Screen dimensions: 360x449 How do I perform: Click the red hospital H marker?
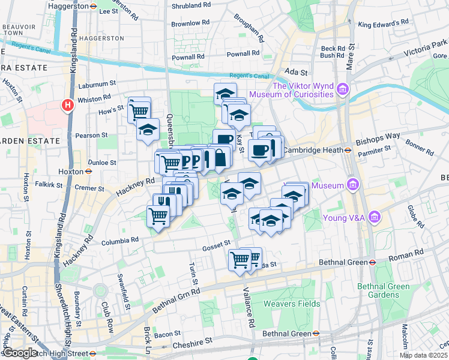tap(68, 105)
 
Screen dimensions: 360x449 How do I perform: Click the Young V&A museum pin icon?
tap(375, 216)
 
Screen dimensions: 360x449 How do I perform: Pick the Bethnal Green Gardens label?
tap(384, 291)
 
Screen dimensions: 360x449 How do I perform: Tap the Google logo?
tap(19, 353)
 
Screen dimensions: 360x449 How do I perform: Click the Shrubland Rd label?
tap(191, 5)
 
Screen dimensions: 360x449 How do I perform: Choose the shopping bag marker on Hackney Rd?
tap(220, 157)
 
